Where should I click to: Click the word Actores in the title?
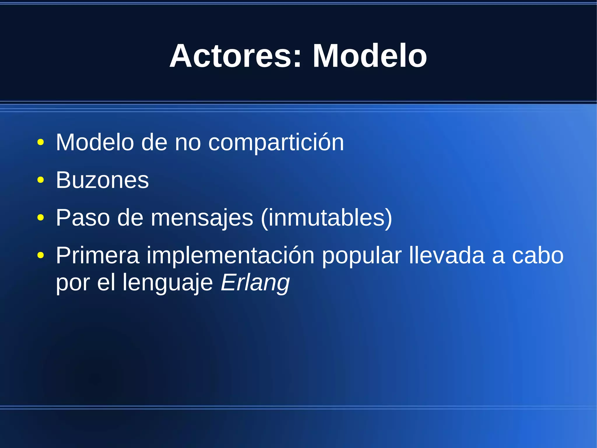230,56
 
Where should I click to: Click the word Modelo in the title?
369,56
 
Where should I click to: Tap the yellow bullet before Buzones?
41,180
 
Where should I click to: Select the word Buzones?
102,180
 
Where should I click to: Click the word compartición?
276,142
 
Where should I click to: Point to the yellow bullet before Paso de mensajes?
41,218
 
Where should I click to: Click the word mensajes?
202,218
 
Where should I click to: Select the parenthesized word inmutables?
327,218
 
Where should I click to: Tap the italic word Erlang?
255,283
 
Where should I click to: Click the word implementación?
230,256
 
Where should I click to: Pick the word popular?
361,256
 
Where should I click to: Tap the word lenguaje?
168,283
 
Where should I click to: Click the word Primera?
98,256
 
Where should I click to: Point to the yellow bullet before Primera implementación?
41,256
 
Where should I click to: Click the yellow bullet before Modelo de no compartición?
41,142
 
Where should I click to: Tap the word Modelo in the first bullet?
95,142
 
